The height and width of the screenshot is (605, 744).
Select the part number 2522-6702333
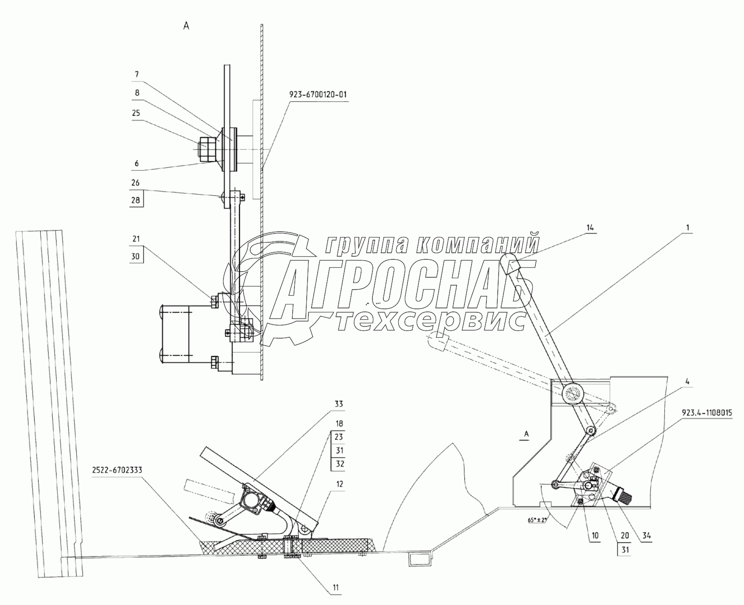(117, 470)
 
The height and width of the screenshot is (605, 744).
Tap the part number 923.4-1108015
(707, 412)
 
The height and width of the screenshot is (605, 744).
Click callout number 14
(591, 228)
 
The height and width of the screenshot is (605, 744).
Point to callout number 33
(339, 404)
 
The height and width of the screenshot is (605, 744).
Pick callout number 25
(136, 113)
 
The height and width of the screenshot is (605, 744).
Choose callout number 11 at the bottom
(335, 587)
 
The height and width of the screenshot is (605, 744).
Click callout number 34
(645, 535)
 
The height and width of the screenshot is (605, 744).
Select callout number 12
(340, 484)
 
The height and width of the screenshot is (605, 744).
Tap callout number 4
(687, 382)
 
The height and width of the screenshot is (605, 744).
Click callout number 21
(136, 239)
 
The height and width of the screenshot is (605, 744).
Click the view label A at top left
(186, 26)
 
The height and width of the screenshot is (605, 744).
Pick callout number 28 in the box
(135, 200)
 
